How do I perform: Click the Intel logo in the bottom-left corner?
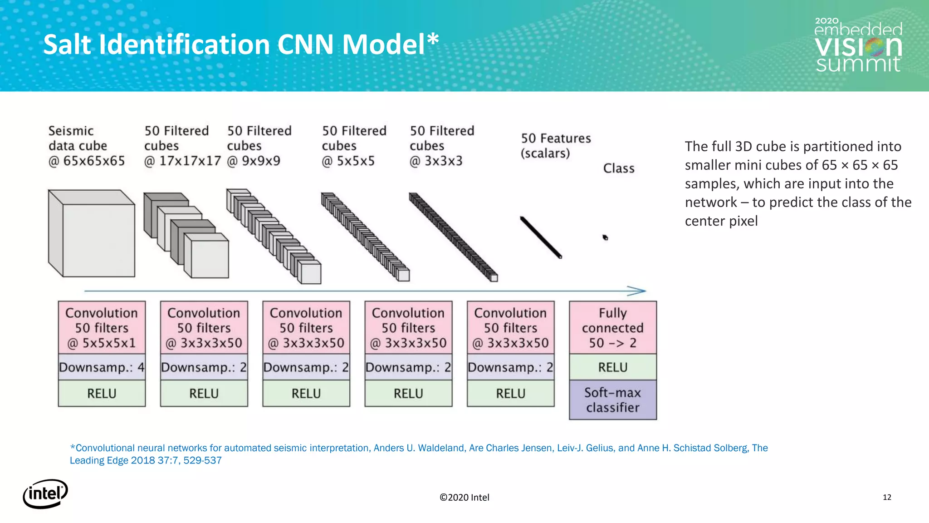[x=45, y=493]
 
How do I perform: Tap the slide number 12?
[x=887, y=497]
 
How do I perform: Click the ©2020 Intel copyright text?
[x=464, y=498]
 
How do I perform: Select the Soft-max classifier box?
[x=612, y=400]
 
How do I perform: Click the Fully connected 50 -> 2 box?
[x=612, y=327]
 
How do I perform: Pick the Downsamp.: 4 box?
[x=102, y=367]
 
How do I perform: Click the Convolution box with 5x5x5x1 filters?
[x=102, y=327]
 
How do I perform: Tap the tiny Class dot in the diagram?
[x=605, y=237]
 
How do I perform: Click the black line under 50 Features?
[x=541, y=237]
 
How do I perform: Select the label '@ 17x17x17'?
[x=182, y=161]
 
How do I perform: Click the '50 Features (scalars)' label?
[x=555, y=145]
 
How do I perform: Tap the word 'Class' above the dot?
[x=618, y=168]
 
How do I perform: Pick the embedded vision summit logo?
[x=858, y=45]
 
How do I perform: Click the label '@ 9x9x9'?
[x=254, y=161]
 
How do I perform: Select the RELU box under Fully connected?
[x=612, y=367]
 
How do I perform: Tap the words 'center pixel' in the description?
[x=721, y=221]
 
